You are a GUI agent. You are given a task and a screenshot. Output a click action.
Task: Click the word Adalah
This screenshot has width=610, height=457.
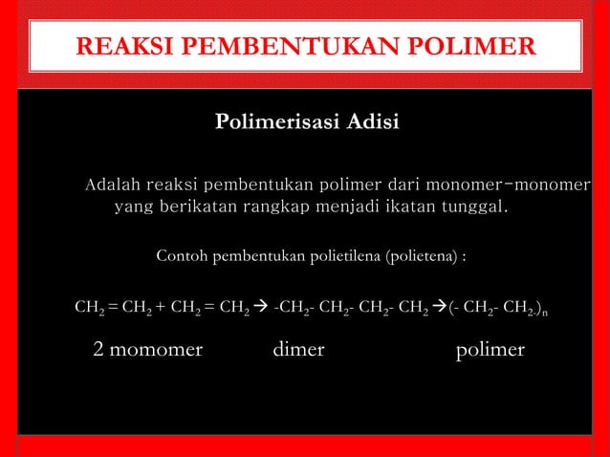tap(114, 184)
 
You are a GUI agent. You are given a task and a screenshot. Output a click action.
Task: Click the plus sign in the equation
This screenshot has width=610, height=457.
tap(162, 309)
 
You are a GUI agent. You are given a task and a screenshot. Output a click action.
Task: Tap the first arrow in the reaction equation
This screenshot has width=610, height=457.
tap(260, 309)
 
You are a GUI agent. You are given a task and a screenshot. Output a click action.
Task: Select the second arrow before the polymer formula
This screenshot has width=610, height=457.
tap(439, 309)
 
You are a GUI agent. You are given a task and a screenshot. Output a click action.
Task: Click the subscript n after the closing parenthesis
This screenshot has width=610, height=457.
tap(557, 314)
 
